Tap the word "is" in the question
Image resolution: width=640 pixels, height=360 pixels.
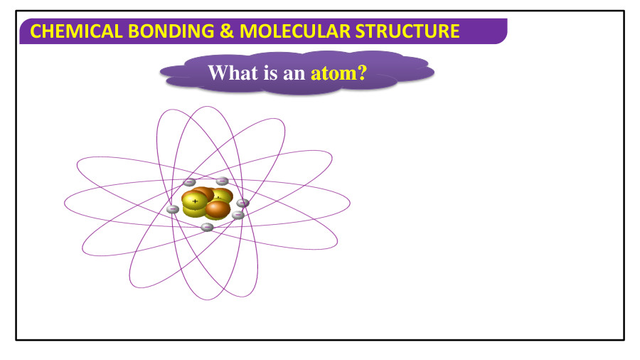point(270,73)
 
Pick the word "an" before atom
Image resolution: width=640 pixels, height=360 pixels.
point(294,73)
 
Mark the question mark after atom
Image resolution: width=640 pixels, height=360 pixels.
point(361,73)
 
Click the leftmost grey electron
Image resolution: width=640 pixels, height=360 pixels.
point(172,209)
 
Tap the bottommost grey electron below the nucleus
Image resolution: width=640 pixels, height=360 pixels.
point(207,227)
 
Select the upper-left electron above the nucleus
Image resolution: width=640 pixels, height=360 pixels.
point(189,183)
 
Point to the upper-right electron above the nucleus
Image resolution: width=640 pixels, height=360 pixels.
point(222,181)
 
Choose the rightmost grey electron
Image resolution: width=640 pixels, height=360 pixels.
point(243,203)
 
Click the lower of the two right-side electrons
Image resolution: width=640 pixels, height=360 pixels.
point(238,215)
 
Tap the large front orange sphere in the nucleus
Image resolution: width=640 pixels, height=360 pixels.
point(218,209)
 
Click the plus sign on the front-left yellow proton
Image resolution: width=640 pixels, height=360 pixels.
point(195,201)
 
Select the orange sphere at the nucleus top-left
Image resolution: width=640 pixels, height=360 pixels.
point(202,192)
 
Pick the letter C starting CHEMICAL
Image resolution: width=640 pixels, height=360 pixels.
point(38,31)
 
